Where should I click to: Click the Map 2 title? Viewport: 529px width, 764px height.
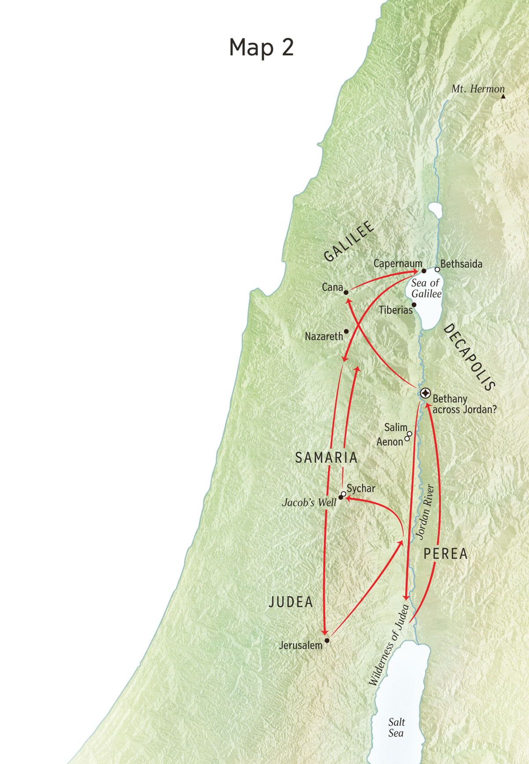[261, 47]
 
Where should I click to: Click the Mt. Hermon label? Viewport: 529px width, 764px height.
[477, 89]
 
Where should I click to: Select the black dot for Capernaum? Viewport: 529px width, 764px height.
[424, 271]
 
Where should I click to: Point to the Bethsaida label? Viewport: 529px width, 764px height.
[461, 264]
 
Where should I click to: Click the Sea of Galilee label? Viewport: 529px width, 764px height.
[426, 288]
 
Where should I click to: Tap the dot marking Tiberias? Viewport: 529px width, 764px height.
[414, 305]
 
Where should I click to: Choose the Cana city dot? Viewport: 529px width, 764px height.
[346, 292]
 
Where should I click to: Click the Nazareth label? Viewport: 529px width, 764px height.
[324, 336]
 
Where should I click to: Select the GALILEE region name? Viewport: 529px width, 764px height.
[349, 241]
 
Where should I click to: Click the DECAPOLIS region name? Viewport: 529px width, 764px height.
[469, 357]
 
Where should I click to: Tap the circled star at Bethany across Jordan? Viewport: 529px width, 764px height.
[425, 393]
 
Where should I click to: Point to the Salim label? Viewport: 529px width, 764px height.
[395, 427]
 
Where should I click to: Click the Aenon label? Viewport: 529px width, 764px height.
[390, 442]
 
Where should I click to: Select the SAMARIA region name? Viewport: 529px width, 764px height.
[326, 458]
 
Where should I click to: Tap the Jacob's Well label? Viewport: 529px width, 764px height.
[309, 503]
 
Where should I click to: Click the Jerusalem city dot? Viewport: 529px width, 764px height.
[327, 640]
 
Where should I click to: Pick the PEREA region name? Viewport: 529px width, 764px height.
[445, 554]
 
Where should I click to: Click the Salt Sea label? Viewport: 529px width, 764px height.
[396, 727]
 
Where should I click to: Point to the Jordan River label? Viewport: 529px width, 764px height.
[425, 512]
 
